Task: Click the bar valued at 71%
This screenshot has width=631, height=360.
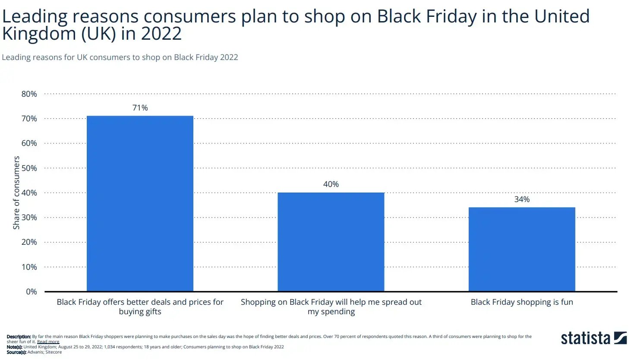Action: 140,203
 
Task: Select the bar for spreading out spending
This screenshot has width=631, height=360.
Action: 331,242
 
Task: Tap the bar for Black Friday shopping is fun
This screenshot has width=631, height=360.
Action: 521,249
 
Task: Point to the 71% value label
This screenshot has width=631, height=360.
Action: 140,108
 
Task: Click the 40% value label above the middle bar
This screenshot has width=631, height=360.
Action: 331,184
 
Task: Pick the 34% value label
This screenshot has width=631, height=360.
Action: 521,199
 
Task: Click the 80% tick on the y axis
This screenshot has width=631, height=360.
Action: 29,94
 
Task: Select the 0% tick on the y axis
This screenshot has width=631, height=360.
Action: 31,292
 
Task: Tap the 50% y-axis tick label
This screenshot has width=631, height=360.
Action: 29,168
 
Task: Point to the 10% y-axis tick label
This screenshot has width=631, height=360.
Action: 29,267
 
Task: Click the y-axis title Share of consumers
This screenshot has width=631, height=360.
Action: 16,193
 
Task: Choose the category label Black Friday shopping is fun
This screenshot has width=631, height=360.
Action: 521,302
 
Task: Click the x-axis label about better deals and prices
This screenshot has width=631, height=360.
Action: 140,307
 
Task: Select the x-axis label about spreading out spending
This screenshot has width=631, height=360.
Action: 331,307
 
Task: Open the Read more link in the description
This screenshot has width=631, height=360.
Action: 48,342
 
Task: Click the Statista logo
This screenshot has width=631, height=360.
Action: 593,338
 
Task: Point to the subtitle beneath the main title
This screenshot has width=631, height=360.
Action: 120,57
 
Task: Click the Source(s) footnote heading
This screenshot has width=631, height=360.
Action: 16,352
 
